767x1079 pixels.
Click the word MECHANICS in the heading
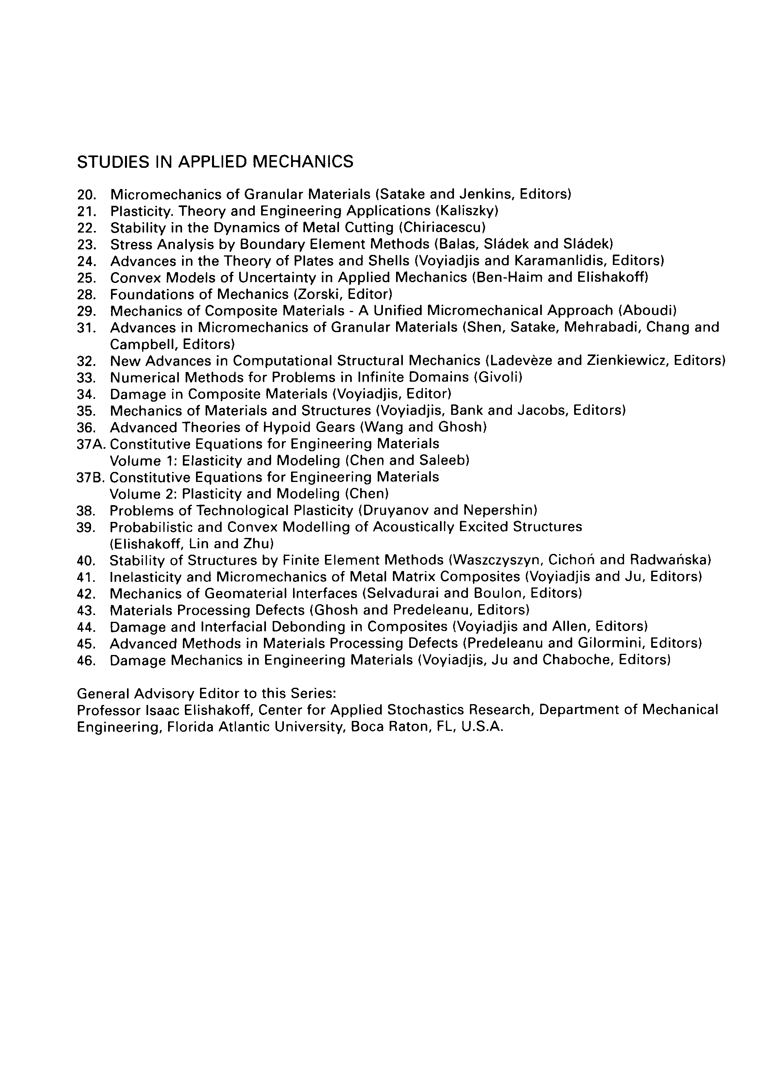pyautogui.click(x=303, y=162)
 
